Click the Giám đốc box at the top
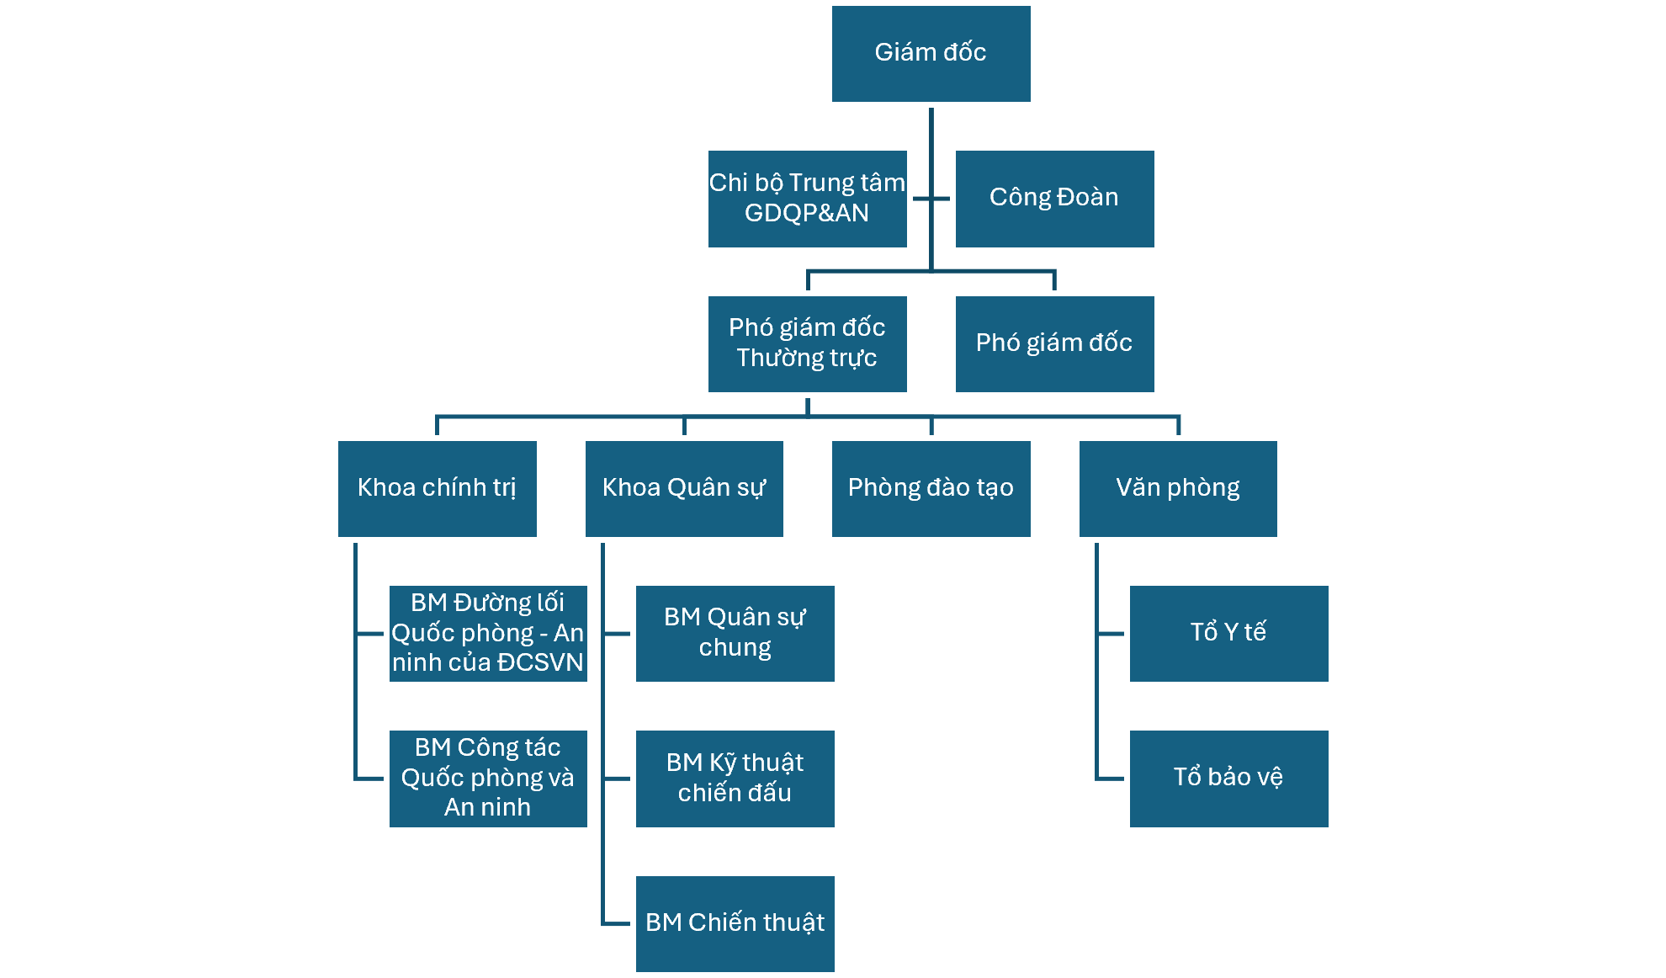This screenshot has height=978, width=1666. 931,54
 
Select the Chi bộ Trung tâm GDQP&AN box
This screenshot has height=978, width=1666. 807,199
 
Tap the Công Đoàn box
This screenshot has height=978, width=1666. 1054,199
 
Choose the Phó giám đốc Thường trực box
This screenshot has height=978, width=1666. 807,343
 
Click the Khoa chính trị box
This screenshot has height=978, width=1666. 437,488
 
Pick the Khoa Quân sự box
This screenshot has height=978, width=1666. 684,488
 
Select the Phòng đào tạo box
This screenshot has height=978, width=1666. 931,488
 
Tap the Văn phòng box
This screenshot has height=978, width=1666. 1178,488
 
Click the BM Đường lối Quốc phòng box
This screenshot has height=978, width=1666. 488,633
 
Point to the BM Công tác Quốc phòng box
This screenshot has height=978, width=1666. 488,779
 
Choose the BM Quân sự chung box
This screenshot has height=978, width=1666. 735,633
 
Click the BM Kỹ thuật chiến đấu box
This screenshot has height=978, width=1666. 735,779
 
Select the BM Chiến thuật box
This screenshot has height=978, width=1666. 735,923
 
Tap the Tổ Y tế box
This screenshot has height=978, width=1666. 1228,633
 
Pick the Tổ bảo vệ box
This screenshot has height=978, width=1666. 1228,779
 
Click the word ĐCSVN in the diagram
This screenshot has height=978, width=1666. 540,662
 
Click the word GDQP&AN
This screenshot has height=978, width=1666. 807,213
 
